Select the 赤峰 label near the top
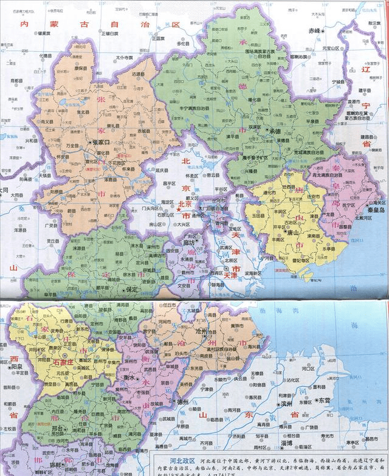pyautogui.click(x=315, y=30)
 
